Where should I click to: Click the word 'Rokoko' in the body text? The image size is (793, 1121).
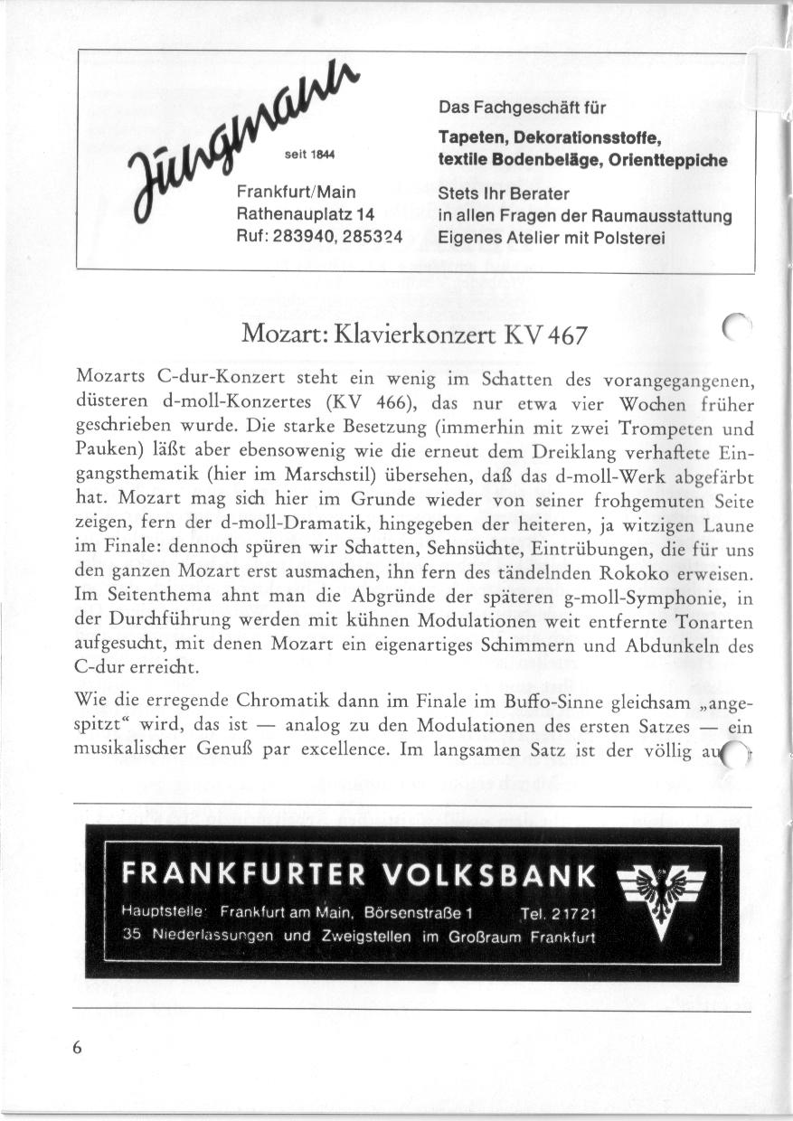(x=642, y=574)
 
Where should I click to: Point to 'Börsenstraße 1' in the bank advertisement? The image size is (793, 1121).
(x=413, y=912)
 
